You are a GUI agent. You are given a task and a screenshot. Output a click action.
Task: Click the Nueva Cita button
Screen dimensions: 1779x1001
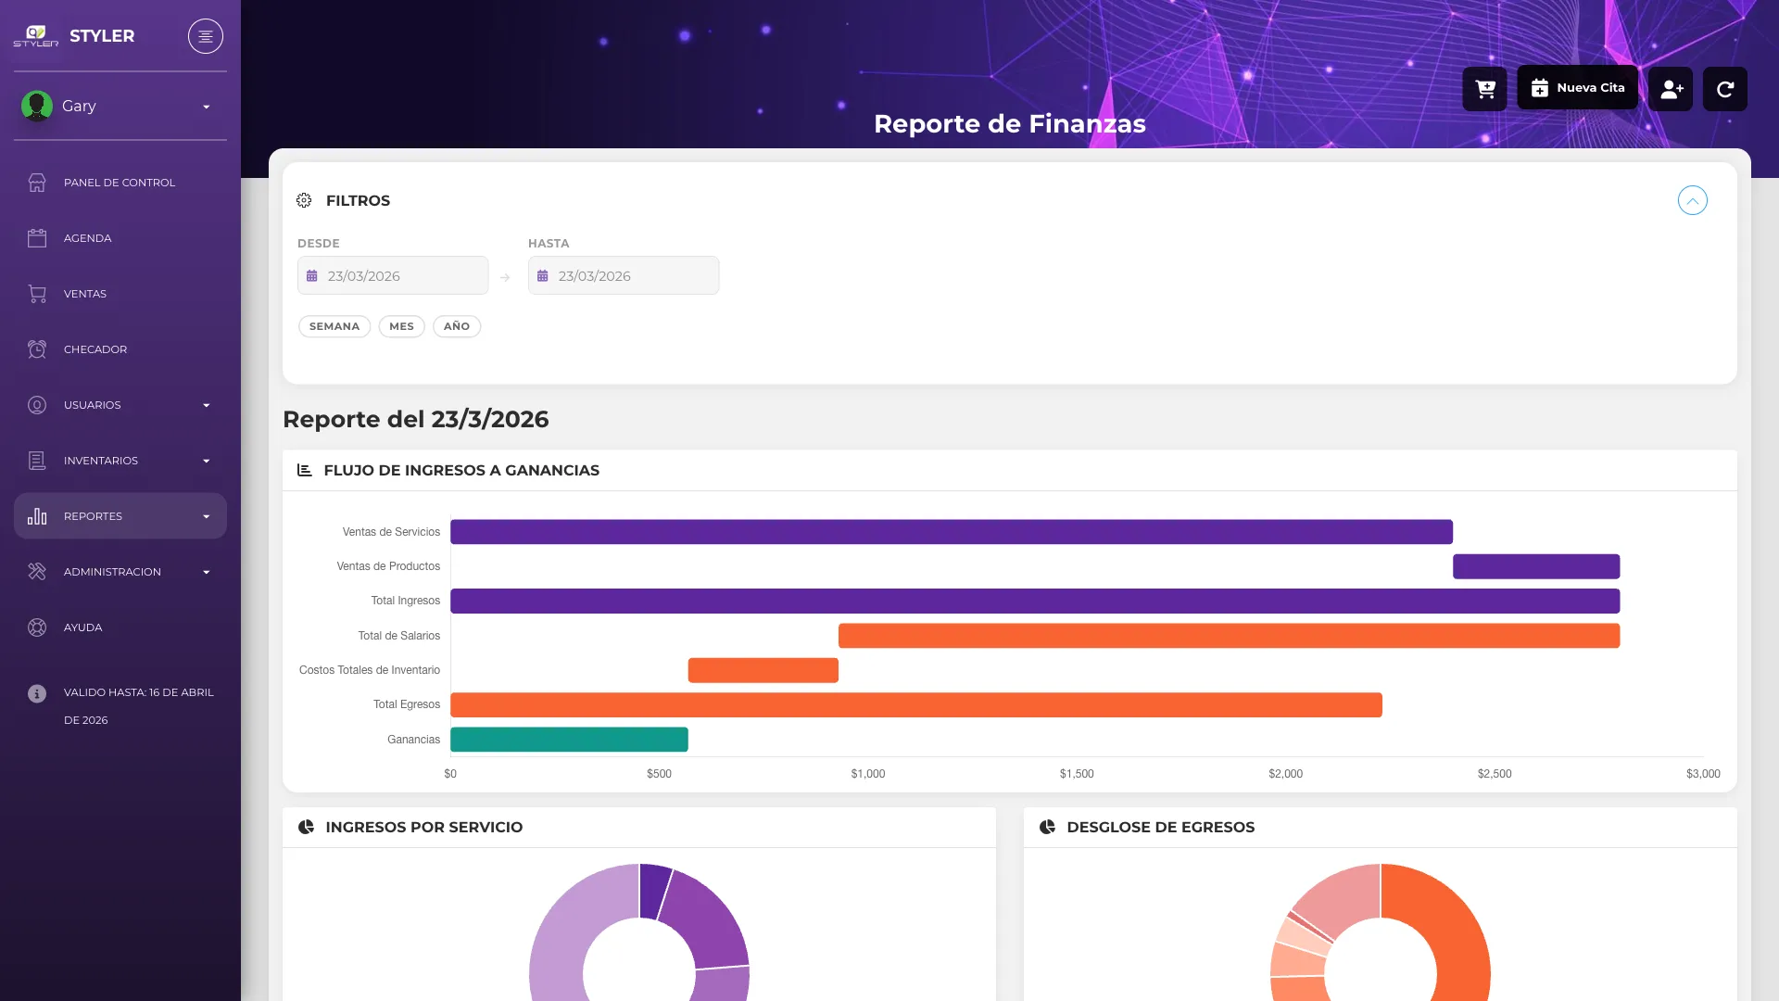pos(1577,88)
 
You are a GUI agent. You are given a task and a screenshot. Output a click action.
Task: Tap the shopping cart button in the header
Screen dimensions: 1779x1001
pos(1485,89)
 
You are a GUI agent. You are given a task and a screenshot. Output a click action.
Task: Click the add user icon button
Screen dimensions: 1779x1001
pos(1671,89)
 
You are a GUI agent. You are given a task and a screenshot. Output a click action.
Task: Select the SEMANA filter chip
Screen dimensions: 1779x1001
pos(334,326)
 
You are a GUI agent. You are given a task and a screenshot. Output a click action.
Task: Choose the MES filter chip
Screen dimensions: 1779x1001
pos(402,326)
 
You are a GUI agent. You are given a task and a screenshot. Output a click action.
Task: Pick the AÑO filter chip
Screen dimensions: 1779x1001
pos(457,326)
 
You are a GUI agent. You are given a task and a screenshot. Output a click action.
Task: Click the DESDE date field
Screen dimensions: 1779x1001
pos(393,275)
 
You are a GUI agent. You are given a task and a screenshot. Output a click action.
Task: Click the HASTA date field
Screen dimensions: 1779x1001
pos(624,275)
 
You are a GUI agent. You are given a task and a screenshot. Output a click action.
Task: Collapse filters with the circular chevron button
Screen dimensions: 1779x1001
pos(1693,200)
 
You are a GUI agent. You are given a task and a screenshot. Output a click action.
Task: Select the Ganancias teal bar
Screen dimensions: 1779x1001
pos(569,740)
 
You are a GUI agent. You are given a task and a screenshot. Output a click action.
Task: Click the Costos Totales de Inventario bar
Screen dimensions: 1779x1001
pos(763,670)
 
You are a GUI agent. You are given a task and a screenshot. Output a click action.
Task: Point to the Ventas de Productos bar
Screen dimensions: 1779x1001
pos(1536,566)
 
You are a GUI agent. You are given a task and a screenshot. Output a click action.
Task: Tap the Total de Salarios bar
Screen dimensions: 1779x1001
pos(1229,636)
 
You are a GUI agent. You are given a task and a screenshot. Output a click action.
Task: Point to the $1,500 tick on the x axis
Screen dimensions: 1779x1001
pos(1077,774)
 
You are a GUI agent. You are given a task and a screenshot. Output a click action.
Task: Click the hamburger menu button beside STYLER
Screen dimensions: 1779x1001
pos(206,36)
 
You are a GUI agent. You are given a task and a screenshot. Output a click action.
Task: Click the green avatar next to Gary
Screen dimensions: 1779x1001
pos(37,106)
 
